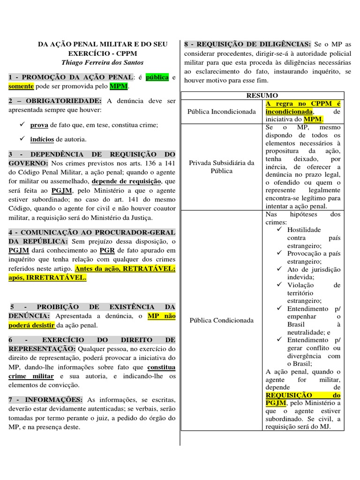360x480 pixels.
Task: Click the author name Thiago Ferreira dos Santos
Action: point(102,62)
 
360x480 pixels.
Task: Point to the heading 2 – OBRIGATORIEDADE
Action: point(55,101)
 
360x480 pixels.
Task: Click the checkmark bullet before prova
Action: point(22,125)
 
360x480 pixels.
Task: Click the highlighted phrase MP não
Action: point(161,316)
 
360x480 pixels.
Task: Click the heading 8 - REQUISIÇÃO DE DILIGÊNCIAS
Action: point(247,44)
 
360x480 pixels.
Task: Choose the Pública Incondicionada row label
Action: point(221,112)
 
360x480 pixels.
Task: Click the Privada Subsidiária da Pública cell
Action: point(221,167)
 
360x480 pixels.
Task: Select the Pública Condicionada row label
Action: point(221,320)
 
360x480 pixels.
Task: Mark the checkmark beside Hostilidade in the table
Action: point(280,229)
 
